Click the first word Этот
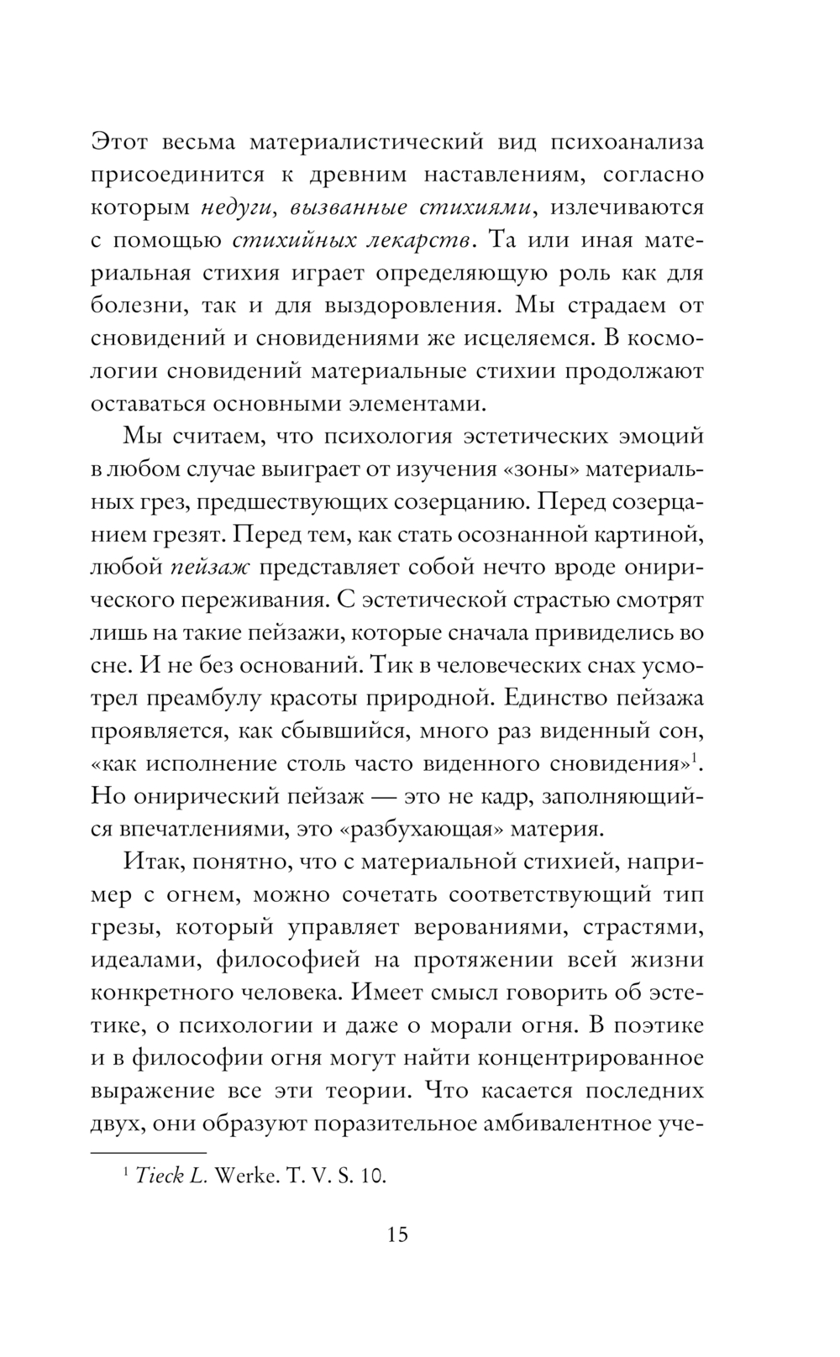tap(119, 142)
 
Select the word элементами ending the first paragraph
tap(410, 402)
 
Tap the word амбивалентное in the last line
tap(546, 1123)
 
